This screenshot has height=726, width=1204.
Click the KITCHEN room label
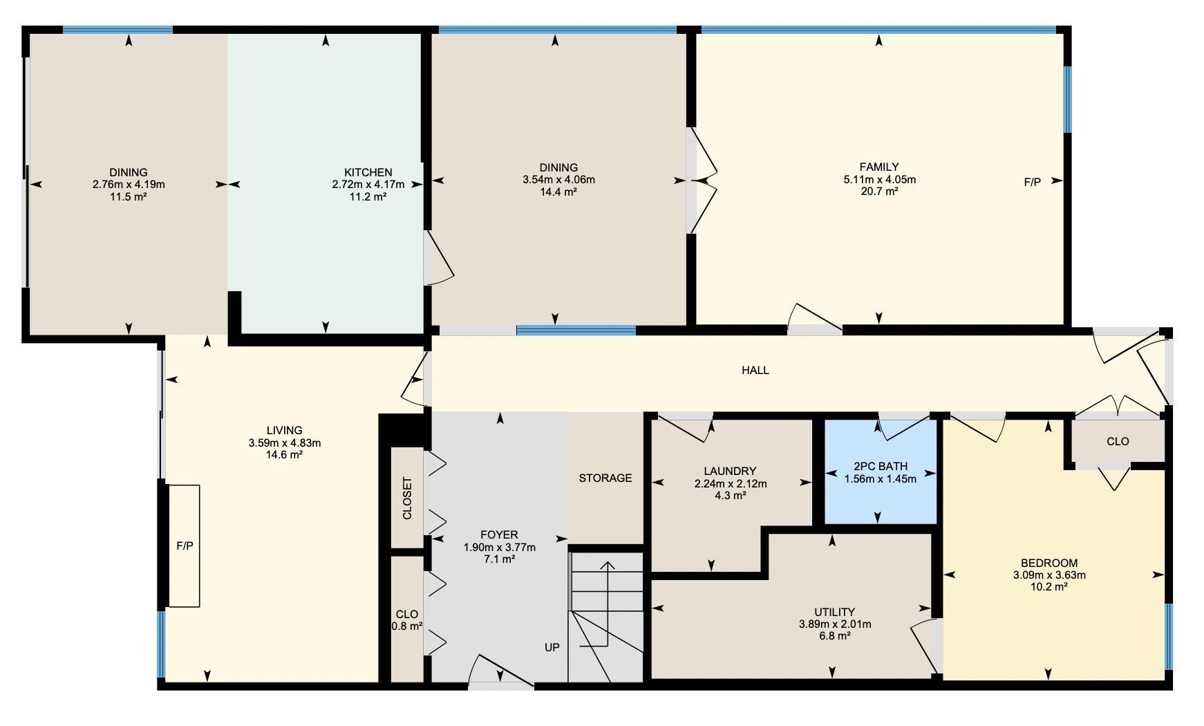pyautogui.click(x=368, y=172)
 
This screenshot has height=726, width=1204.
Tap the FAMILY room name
pyautogui.click(x=879, y=167)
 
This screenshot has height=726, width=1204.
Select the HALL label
pyautogui.click(x=755, y=370)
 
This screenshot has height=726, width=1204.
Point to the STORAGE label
pyautogui.click(x=605, y=478)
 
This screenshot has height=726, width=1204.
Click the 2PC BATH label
pyautogui.click(x=881, y=466)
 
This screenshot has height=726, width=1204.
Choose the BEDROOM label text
pyautogui.click(x=1049, y=563)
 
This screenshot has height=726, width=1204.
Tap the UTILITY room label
pyautogui.click(x=834, y=612)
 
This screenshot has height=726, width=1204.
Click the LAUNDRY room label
pyautogui.click(x=731, y=472)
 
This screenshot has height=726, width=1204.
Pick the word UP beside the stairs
pyautogui.click(x=552, y=648)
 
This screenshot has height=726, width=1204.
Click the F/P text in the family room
pyautogui.click(x=1032, y=183)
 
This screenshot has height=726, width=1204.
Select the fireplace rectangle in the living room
pyautogui.click(x=184, y=546)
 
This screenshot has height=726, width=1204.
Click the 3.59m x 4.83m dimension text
pyautogui.click(x=284, y=443)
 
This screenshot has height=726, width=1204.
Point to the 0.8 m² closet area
pyautogui.click(x=407, y=626)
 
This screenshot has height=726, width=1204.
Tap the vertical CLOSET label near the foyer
pyautogui.click(x=407, y=498)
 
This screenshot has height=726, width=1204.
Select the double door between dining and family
pyautogui.click(x=704, y=180)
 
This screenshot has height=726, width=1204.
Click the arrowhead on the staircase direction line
pyautogui.click(x=608, y=566)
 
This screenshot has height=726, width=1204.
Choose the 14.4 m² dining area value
pyautogui.click(x=558, y=192)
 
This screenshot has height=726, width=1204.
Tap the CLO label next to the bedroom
pyautogui.click(x=1118, y=441)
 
